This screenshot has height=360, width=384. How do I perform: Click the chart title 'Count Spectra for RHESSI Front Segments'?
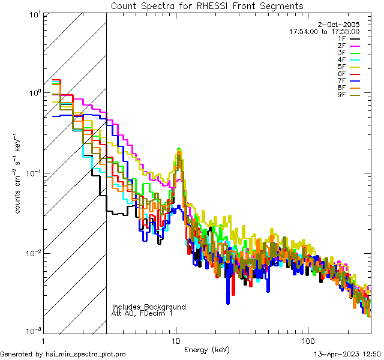pos(207,6)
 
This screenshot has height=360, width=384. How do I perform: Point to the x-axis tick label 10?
pos(176,340)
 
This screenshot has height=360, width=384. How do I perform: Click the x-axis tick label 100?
pos(308,340)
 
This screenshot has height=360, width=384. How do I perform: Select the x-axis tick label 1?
pos(44,340)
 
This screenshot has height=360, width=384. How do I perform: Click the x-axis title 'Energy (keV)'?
pos(207,349)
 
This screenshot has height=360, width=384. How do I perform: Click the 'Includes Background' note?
pos(149,307)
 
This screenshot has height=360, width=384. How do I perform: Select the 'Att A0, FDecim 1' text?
pos(142,313)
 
